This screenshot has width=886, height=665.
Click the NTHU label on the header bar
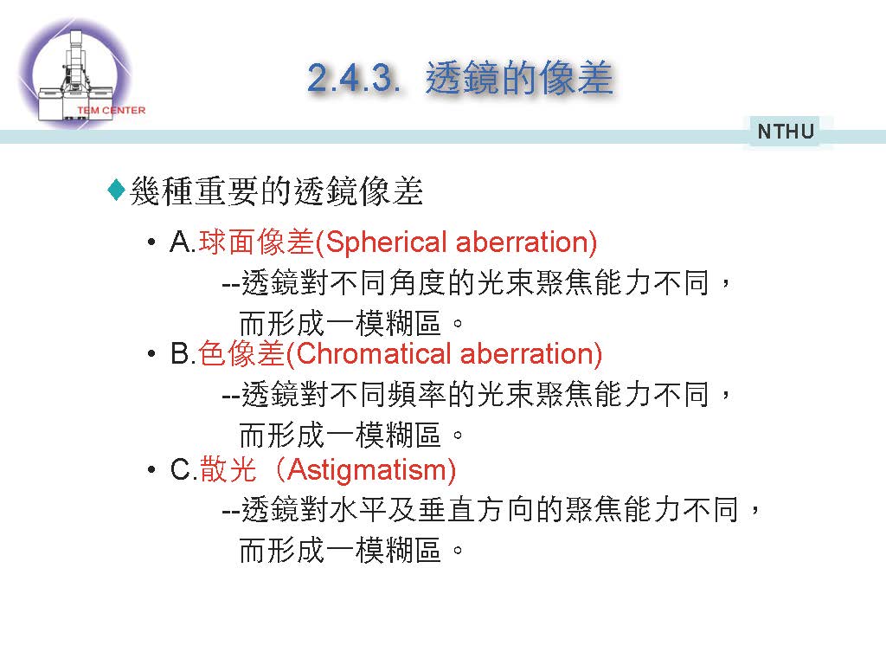tap(786, 132)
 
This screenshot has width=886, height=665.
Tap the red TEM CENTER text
tap(112, 110)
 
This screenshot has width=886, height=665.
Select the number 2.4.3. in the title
tap(354, 77)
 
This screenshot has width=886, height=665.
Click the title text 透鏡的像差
tap(519, 77)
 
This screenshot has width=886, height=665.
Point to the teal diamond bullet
tap(117, 190)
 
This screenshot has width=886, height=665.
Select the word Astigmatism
tap(367, 470)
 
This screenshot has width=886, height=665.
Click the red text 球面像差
tap(256, 242)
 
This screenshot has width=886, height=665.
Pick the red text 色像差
tap(241, 354)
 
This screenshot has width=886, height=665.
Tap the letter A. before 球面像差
tap(183, 242)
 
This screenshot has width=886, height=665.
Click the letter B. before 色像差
tap(183, 354)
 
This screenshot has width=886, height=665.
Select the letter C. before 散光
tap(183, 470)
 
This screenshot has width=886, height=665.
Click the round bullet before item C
tap(151, 470)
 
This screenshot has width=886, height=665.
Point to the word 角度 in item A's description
tap(418, 282)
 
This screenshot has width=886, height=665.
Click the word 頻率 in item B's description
tap(418, 394)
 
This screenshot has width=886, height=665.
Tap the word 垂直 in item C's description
tap(447, 509)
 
